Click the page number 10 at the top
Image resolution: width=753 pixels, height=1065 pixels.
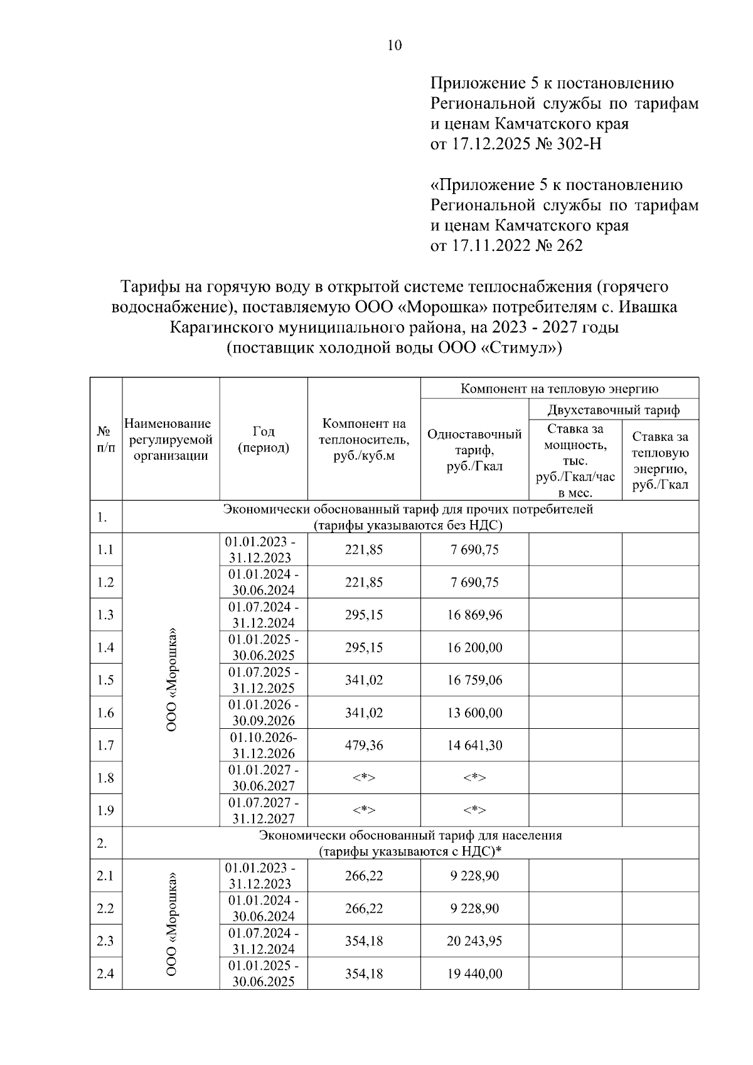tap(395, 45)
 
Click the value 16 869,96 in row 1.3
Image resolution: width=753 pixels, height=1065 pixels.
tap(474, 615)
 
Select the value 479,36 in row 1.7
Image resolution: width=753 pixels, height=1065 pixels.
tap(363, 746)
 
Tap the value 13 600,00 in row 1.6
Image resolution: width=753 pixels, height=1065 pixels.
tap(474, 713)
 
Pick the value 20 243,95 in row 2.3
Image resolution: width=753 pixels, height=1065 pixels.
tap(474, 941)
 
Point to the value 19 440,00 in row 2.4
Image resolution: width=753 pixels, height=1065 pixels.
tap(474, 974)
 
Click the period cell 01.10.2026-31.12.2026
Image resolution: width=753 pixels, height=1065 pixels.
tap(264, 746)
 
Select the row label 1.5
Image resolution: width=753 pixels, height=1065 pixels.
tap(105, 681)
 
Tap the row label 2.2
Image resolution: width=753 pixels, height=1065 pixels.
tap(105, 909)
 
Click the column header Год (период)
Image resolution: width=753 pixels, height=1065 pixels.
tap(264, 440)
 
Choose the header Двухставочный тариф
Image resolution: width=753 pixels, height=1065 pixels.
tap(613, 411)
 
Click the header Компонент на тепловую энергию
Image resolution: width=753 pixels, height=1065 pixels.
tap(559, 388)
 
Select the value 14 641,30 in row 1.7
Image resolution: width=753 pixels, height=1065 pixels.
tap(474, 746)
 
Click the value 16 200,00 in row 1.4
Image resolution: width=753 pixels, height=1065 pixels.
tap(474, 648)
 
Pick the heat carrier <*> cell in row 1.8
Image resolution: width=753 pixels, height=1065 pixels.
tap(363, 778)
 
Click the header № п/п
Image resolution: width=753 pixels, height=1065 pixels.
tap(105, 440)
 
